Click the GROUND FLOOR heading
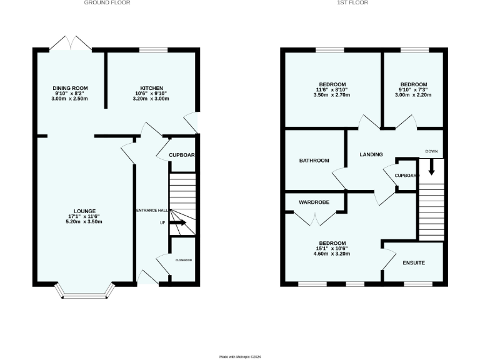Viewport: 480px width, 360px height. point(107,3)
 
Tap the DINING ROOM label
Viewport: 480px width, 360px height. point(71,88)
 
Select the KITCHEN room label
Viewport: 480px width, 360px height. point(151,88)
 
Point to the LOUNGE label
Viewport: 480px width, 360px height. point(85,211)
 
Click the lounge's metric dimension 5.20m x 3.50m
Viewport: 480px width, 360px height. point(85,222)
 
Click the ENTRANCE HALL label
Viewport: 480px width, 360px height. point(152,211)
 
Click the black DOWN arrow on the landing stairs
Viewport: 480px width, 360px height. point(431,167)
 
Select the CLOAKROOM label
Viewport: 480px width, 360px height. point(183,260)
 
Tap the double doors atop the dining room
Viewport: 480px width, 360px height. point(71,43)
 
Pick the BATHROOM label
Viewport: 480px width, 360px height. point(314,161)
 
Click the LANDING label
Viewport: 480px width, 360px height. point(371,154)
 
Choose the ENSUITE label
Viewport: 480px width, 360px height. point(412,262)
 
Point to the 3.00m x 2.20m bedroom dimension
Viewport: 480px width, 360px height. point(414,96)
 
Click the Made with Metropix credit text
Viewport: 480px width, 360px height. point(240,357)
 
